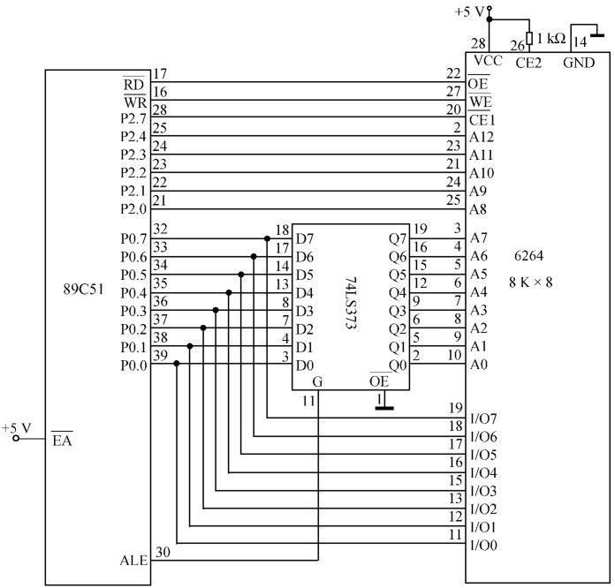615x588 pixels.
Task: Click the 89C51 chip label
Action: tap(84, 290)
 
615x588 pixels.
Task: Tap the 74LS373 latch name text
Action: tap(351, 304)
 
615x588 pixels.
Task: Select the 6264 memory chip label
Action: tap(528, 255)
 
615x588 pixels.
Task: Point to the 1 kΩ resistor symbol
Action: tap(529, 39)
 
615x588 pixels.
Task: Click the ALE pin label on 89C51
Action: tap(133, 560)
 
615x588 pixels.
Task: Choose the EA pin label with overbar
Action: tap(62, 440)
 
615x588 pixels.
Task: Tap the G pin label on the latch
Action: tap(317, 381)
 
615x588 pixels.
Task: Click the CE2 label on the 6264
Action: tap(528, 63)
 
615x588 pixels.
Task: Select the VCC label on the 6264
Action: tap(488, 60)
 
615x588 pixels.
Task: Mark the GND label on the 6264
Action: tap(579, 63)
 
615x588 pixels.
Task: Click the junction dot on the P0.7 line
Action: tap(267, 238)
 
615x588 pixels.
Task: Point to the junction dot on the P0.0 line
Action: tap(177, 364)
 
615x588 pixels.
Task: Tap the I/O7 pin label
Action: tap(483, 418)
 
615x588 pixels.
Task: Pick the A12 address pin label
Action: tap(482, 137)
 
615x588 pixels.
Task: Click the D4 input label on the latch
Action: tap(305, 293)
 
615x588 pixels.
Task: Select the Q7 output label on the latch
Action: tap(398, 238)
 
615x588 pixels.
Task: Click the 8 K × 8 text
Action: tap(531, 283)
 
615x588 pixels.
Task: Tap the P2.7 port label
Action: tap(133, 118)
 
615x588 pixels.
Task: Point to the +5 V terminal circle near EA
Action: tap(16, 438)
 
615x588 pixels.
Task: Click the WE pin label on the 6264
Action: tap(481, 102)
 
